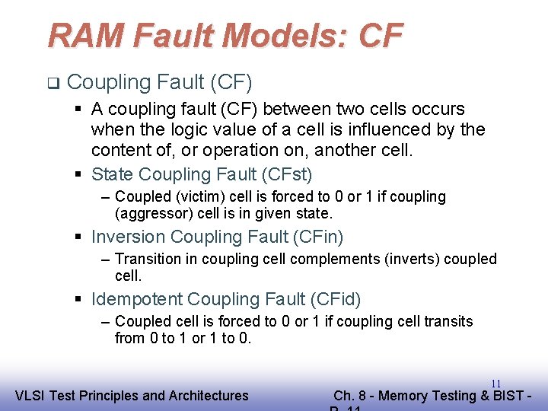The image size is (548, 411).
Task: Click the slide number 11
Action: point(495,384)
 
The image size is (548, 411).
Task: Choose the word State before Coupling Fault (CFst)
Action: point(112,174)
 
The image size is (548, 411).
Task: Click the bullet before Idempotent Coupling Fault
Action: point(81,299)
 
